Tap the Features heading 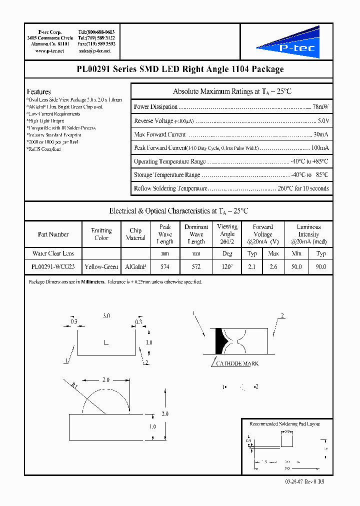[38, 91]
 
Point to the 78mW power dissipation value [320, 107]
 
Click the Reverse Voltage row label [153, 121]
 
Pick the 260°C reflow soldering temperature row [231, 188]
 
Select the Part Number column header [53, 234]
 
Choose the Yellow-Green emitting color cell [101, 267]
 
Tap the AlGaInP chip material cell [135, 267]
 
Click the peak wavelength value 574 [165, 267]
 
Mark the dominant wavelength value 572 [196, 267]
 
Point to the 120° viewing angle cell [227, 267]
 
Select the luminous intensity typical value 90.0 [321, 267]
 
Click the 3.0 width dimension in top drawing [106, 316]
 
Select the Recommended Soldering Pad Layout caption [284, 423]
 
